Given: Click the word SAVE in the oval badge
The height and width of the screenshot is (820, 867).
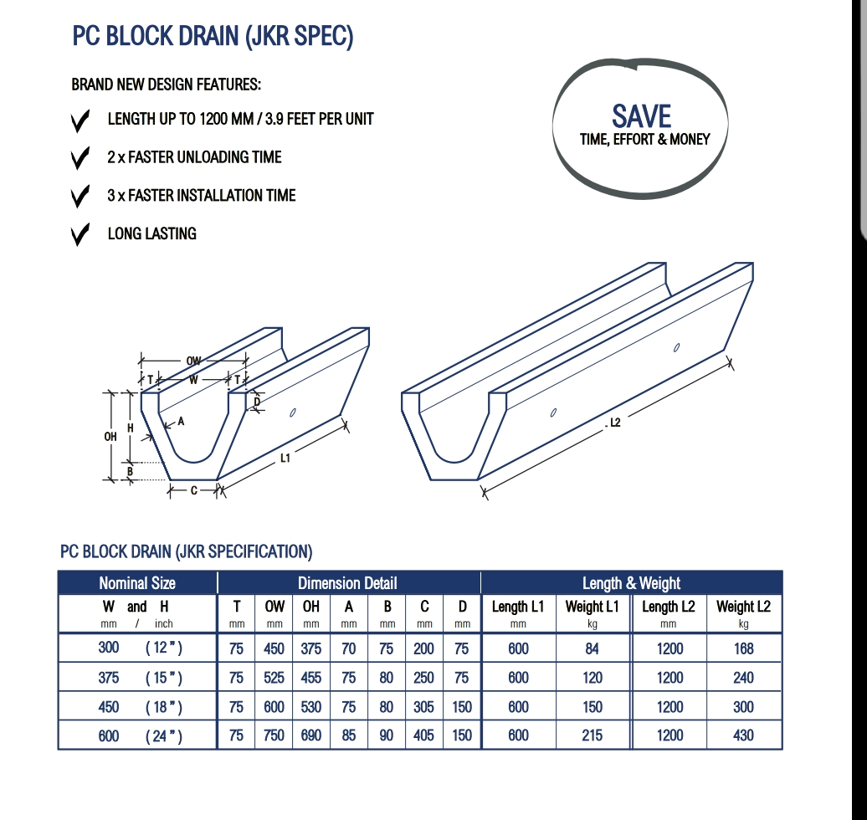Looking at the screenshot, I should point(641,115).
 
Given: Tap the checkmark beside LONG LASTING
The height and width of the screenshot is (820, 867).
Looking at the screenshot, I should point(80,235).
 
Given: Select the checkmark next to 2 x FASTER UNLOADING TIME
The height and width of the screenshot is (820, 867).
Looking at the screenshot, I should point(80,158).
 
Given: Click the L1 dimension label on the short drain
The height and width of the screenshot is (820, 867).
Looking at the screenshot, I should point(285,458).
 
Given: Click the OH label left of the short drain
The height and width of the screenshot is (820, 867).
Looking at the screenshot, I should point(110,436).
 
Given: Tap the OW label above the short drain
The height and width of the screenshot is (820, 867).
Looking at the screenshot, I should point(193,361).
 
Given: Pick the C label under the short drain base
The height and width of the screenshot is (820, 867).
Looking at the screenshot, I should point(193,490).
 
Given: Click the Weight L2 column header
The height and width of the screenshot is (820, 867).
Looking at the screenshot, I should point(743,607).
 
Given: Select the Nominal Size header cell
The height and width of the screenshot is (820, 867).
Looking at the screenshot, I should point(137,583).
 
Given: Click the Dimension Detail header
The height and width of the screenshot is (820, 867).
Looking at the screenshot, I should point(347,583).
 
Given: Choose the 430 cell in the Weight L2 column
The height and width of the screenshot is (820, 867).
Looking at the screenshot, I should point(743,735).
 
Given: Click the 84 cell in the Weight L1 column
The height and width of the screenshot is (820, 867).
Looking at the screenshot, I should point(593,648).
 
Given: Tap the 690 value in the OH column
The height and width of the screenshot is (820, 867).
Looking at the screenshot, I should point(311,735).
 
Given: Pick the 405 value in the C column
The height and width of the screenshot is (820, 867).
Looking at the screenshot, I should point(424,735).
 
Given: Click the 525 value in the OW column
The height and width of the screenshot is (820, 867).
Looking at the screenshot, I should point(274,678).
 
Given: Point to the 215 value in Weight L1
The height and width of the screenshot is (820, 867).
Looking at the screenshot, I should point(593,735).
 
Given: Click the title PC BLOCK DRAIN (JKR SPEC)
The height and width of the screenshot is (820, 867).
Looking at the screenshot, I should point(213,37).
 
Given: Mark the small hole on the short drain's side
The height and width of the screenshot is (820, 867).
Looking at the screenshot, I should point(294,412).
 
